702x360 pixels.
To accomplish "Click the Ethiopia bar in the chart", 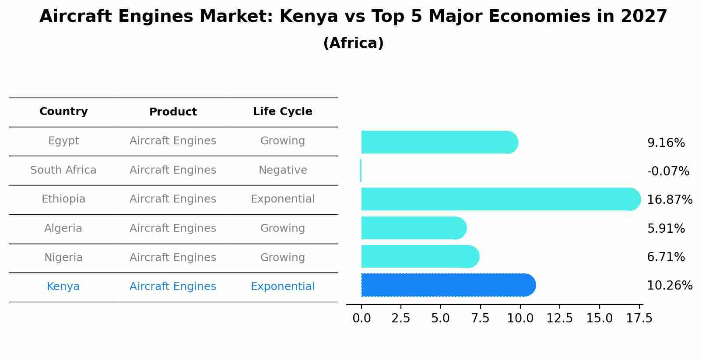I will click(499, 199).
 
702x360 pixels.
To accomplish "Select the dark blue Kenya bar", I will click(446, 285).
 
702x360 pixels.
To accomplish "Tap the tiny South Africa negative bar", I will click(361, 171).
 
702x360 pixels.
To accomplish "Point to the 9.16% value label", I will click(666, 143).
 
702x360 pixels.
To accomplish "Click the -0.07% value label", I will click(668, 171).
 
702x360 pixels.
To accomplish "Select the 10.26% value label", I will click(669, 286).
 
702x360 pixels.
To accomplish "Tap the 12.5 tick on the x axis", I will click(559, 318).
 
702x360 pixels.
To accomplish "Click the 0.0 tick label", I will click(362, 318).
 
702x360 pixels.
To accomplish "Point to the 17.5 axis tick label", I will click(639, 318).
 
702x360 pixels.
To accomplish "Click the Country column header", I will click(63, 112).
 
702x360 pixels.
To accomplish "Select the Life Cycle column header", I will click(282, 112).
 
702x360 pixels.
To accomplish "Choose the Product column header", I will click(173, 112).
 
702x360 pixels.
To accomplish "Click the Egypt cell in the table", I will click(63, 141).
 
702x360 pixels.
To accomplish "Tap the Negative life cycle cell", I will click(282, 170).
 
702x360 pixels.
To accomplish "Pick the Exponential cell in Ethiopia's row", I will click(282, 199).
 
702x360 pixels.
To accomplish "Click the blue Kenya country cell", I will click(63, 287).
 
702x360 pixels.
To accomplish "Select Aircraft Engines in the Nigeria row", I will click(173, 258).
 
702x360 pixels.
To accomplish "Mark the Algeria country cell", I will click(63, 228).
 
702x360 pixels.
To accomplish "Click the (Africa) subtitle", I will click(353, 43).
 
